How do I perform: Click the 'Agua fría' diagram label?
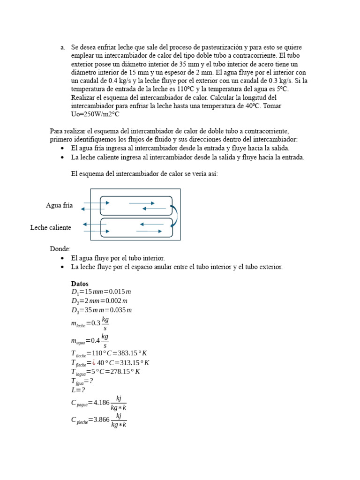(59, 205)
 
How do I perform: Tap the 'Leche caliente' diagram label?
(51, 227)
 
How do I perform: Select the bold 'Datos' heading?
(80, 284)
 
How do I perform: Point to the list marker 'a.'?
(63, 47)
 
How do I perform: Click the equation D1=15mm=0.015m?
(101, 292)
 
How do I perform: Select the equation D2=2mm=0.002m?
(99, 301)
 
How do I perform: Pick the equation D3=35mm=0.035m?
(102, 310)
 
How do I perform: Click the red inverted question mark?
(94, 362)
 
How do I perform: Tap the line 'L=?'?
(78, 390)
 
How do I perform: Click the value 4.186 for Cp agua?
(101, 403)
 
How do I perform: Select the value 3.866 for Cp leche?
(101, 420)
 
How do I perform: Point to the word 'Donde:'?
(60, 249)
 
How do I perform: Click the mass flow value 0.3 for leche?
(96, 323)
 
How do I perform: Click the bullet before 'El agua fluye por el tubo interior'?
(62, 258)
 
